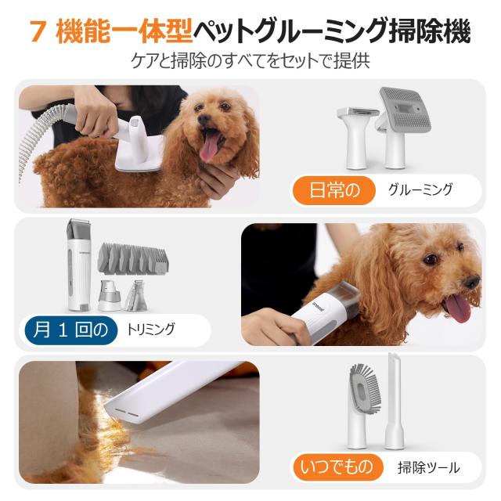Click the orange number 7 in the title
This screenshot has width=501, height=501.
[x=36, y=32]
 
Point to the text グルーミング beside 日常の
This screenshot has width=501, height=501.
[x=420, y=189]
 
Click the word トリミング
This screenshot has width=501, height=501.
[x=150, y=329]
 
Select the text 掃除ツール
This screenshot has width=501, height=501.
[x=428, y=468]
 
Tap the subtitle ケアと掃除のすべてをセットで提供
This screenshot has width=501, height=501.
[x=250, y=60]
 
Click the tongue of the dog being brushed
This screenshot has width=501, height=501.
[x=210, y=146]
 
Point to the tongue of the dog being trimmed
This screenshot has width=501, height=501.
[x=459, y=308]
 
